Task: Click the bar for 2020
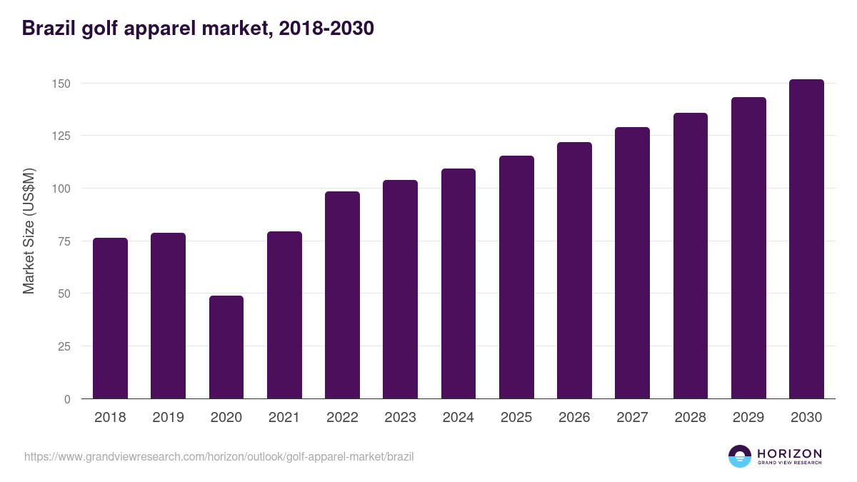click(226, 347)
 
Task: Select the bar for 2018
click(110, 318)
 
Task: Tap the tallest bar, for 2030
click(806, 239)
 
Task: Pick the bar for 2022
click(342, 295)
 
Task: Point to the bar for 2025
click(516, 277)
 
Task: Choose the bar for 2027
click(632, 263)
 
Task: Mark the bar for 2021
click(284, 315)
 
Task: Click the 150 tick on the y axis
click(61, 84)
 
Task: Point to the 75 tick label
click(64, 241)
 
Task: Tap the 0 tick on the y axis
click(67, 399)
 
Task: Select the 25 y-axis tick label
click(64, 346)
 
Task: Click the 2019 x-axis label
click(168, 418)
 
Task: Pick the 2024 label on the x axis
click(458, 418)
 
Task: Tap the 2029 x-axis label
click(748, 418)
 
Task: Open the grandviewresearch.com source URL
click(219, 456)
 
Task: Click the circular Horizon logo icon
click(740, 456)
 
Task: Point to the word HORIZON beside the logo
click(789, 453)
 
